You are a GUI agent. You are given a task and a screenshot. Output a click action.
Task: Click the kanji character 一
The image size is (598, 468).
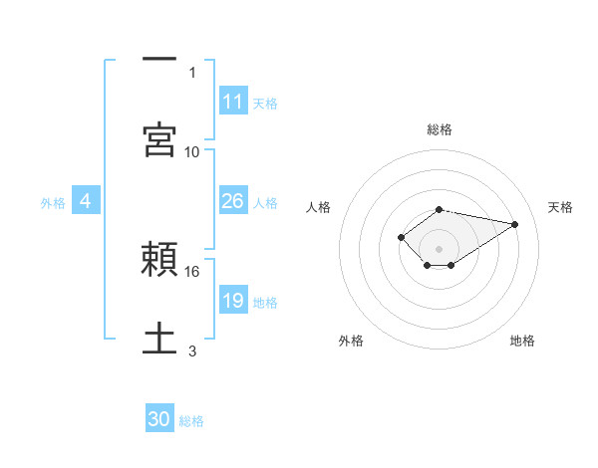(159, 61)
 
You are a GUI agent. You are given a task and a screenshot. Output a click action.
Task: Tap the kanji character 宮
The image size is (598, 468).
(159, 139)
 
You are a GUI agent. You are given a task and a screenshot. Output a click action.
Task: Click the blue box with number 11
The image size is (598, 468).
(233, 102)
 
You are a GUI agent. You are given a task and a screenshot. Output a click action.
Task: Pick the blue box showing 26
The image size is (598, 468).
(233, 201)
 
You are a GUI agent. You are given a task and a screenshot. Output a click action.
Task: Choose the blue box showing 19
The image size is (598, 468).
(233, 301)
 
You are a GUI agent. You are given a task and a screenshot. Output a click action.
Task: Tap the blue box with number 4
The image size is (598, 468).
(86, 201)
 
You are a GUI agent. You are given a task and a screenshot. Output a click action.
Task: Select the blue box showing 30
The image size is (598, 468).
(159, 420)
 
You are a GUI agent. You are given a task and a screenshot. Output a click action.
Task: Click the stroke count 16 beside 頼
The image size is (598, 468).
(192, 271)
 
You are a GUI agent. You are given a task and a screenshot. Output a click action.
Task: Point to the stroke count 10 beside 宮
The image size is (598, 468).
(192, 151)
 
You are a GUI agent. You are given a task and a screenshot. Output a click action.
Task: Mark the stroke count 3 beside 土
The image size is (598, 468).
(192, 351)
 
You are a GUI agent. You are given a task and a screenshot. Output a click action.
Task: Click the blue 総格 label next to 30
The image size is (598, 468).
(192, 421)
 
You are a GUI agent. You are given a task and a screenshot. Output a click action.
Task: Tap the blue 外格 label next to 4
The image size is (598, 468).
(53, 202)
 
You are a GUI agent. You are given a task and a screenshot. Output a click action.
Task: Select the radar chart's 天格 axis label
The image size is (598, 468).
(561, 207)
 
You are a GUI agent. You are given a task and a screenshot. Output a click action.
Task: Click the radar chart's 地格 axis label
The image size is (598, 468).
(522, 341)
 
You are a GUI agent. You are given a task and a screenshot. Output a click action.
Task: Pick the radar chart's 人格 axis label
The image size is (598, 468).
(319, 207)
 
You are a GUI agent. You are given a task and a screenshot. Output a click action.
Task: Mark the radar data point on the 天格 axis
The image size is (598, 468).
(515, 223)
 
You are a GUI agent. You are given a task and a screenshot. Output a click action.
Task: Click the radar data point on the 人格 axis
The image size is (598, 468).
(401, 236)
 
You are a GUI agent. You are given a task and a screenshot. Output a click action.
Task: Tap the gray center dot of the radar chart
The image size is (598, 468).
(439, 248)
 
